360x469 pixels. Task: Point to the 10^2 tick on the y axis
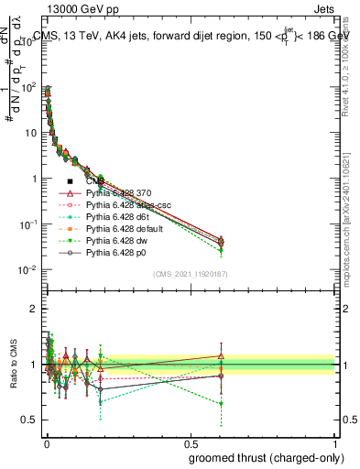tap(28, 87)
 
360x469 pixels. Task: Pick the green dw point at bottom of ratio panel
tap(221, 403)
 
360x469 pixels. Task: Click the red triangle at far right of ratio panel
tap(221, 355)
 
